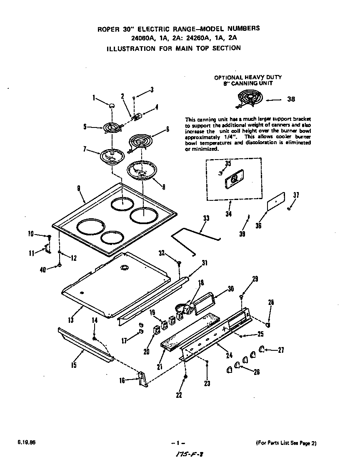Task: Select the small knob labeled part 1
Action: (x=111, y=106)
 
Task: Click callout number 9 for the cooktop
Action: (x=78, y=188)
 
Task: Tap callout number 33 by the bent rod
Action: (x=206, y=218)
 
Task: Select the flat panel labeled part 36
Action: (x=276, y=202)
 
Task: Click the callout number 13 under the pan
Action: (x=70, y=320)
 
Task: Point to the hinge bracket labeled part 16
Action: (x=143, y=379)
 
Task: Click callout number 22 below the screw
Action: (x=179, y=395)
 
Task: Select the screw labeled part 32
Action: (x=179, y=263)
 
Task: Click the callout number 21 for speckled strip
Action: (x=159, y=366)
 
